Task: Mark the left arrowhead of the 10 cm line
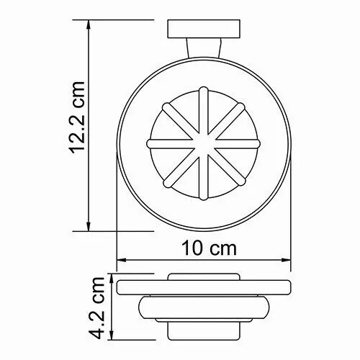120,261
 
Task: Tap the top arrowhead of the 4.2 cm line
112,276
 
